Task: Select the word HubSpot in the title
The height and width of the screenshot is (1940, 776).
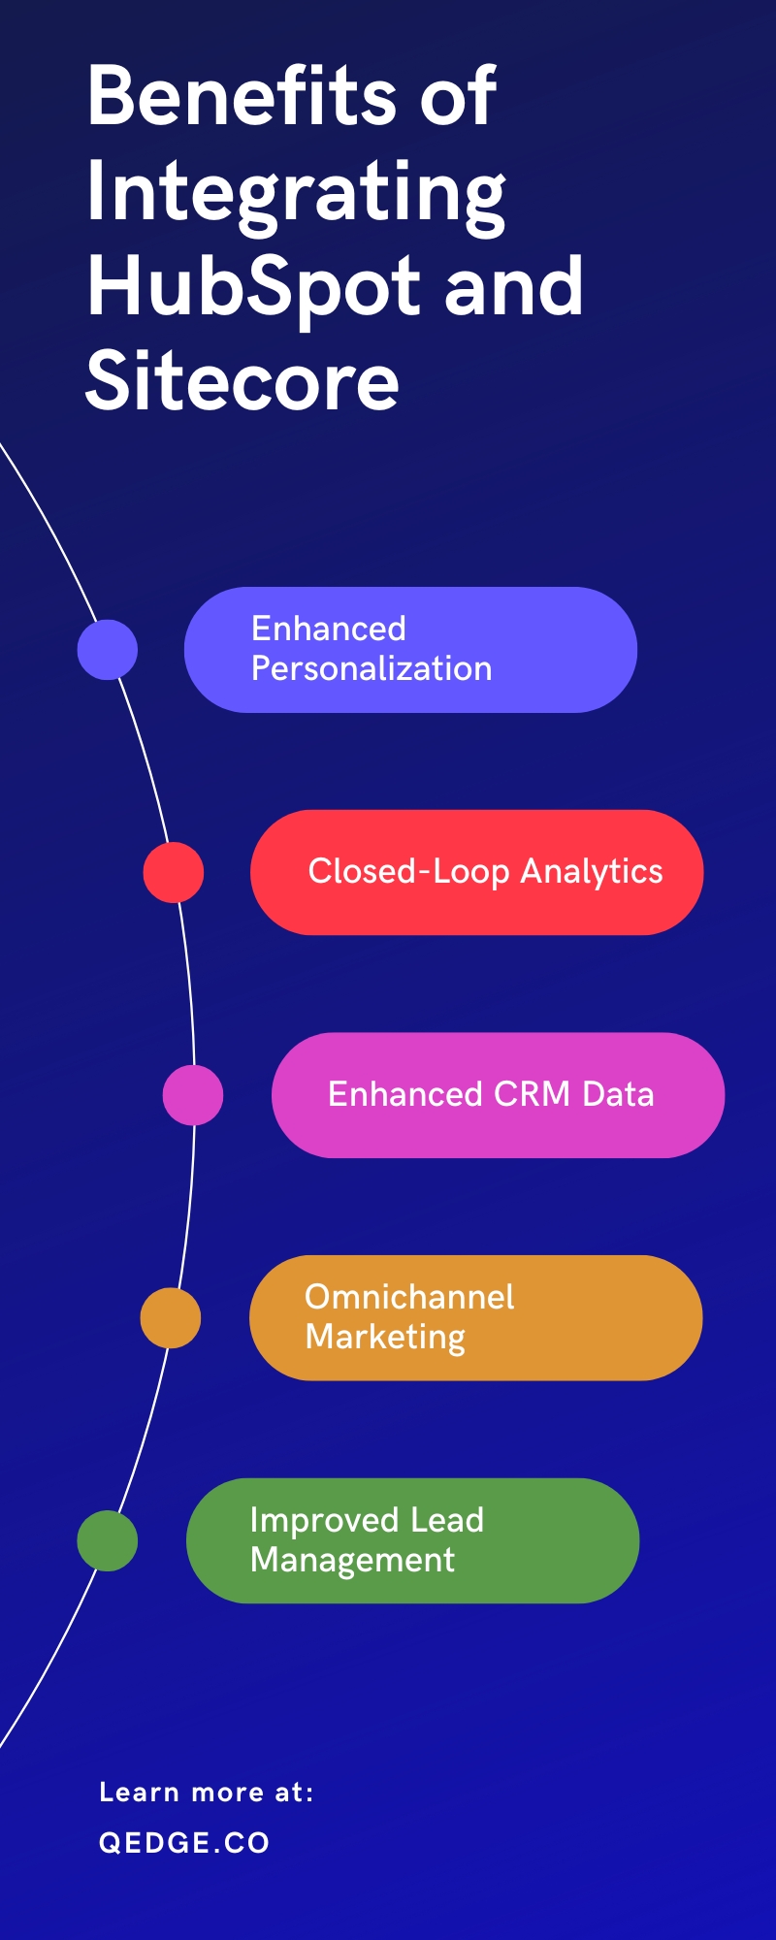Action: pyautogui.click(x=253, y=288)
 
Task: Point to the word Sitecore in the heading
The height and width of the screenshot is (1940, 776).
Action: pyautogui.click(x=242, y=381)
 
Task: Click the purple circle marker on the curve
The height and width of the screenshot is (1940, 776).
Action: pyautogui.click(x=108, y=650)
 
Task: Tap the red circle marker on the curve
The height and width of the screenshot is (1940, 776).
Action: pyautogui.click(x=174, y=872)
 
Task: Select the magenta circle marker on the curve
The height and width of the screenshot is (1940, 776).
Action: pyautogui.click(x=193, y=1095)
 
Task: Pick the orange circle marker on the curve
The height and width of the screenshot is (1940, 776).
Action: pyautogui.click(x=171, y=1318)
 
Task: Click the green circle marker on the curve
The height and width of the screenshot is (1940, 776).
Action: pyautogui.click(x=108, y=1540)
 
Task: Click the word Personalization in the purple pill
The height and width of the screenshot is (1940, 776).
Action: pyautogui.click(x=372, y=669)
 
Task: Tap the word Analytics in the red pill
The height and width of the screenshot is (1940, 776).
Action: pyautogui.click(x=592, y=872)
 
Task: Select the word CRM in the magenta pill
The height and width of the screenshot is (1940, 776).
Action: pyautogui.click(x=533, y=1094)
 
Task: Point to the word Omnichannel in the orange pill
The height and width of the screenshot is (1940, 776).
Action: pyautogui.click(x=409, y=1297)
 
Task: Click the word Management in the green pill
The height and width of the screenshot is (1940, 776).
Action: pyautogui.click(x=352, y=1561)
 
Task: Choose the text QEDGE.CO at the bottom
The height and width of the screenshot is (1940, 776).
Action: pyautogui.click(x=184, y=1843)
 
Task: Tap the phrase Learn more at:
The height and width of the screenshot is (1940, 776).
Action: pyautogui.click(x=206, y=1793)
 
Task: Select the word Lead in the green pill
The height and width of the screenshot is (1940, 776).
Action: pyautogui.click(x=447, y=1520)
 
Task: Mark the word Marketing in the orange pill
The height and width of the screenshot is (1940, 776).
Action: pyautogui.click(x=385, y=1338)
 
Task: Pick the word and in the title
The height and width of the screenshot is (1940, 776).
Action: pyautogui.click(x=514, y=288)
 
